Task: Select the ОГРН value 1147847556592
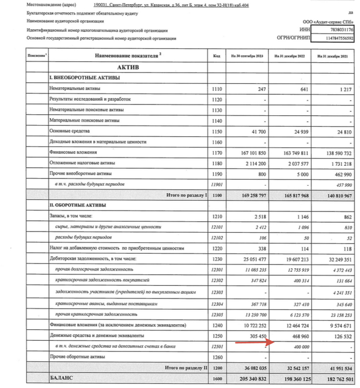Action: click(x=338, y=39)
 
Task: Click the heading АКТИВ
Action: click(x=128, y=67)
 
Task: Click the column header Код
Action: click(x=217, y=55)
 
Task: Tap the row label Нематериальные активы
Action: click(x=76, y=90)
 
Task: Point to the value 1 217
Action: click(x=342, y=90)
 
